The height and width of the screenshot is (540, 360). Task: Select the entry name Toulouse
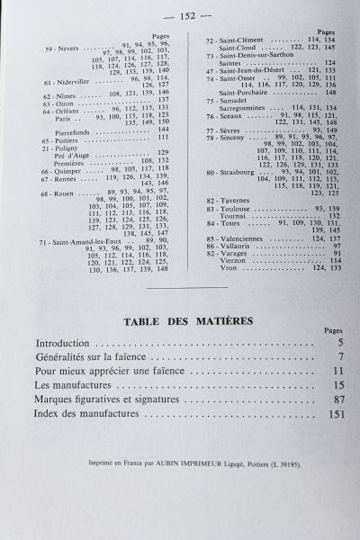point(240,208)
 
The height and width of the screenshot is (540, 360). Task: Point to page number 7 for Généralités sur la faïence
point(341,357)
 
